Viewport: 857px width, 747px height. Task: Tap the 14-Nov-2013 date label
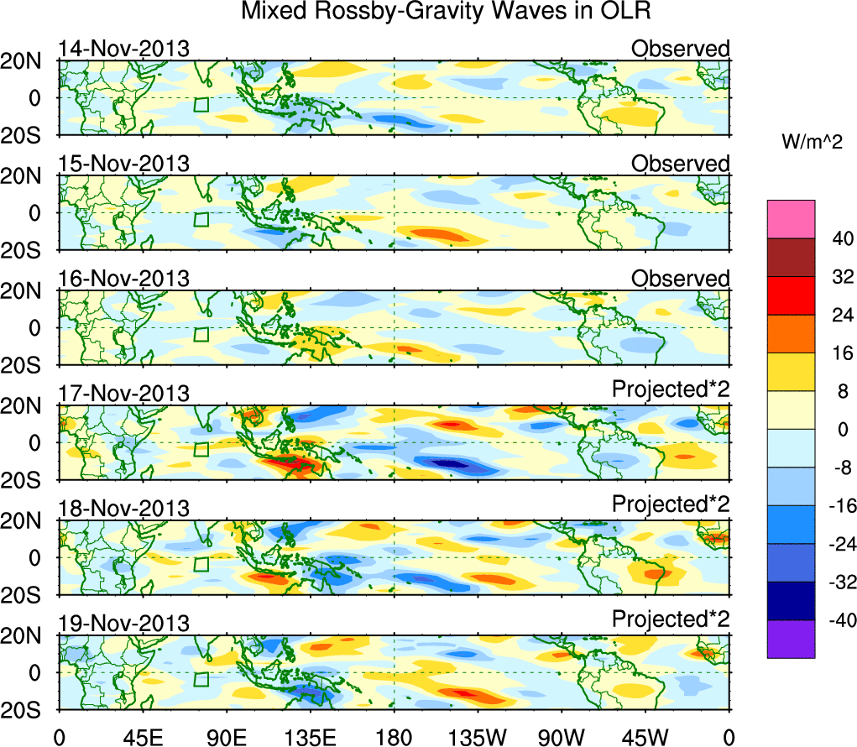123,48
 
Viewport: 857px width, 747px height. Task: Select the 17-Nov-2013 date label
123,393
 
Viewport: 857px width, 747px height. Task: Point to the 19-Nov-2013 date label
123,623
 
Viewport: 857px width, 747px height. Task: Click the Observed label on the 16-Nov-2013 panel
680,278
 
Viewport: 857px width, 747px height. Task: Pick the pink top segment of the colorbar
791,218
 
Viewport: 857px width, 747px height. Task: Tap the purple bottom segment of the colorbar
791,639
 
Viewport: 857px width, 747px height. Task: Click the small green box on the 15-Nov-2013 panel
201,220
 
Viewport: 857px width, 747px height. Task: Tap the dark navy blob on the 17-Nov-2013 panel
444,462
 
